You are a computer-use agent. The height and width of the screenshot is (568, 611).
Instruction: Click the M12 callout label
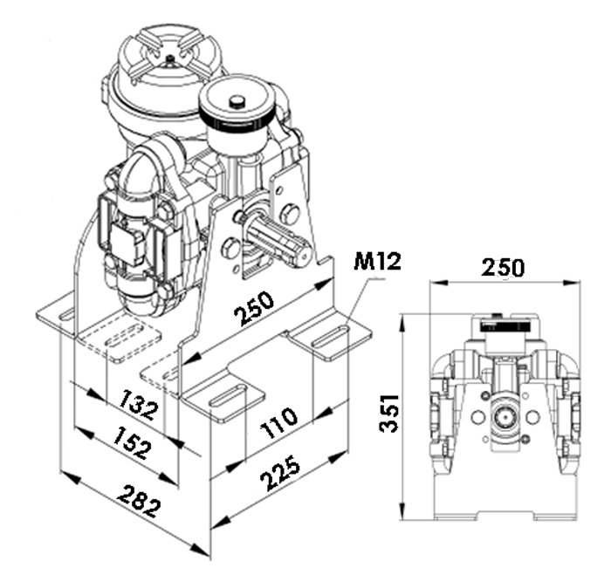377,262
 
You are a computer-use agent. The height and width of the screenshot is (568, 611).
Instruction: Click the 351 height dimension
389,414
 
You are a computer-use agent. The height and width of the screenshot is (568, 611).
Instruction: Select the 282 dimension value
139,502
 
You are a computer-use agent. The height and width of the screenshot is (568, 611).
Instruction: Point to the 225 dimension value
280,473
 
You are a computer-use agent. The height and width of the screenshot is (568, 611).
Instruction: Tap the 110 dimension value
279,421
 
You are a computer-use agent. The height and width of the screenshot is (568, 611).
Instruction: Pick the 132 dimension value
139,404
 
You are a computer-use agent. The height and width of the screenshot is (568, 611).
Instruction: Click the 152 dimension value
131,442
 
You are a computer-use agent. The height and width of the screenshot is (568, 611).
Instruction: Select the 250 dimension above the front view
503,268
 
